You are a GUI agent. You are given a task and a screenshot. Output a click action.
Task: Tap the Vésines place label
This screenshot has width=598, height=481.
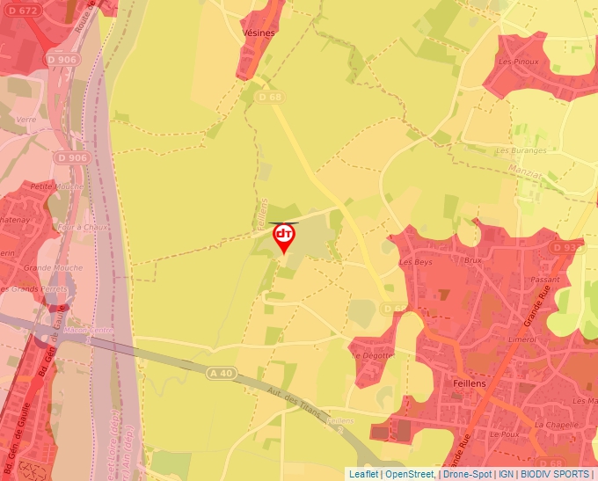coord(258,33)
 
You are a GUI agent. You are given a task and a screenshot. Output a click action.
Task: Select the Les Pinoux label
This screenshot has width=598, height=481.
coord(518,62)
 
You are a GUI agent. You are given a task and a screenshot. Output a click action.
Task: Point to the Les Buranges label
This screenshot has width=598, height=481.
coord(521,150)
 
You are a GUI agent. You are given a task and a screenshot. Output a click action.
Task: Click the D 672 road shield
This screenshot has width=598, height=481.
coord(23,11)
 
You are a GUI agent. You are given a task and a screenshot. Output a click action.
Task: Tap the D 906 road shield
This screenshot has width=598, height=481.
coord(71,157)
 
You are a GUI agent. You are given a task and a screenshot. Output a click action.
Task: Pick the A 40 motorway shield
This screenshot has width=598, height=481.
coord(222,374)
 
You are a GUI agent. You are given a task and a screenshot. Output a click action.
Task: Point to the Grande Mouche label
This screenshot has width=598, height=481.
coord(48,266)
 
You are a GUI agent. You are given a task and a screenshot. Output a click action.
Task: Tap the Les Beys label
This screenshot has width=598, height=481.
coord(417,262)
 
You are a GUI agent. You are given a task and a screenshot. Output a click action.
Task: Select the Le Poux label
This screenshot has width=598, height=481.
coord(506,434)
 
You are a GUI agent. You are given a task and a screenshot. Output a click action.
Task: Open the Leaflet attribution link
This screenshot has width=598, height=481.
coord(363,473)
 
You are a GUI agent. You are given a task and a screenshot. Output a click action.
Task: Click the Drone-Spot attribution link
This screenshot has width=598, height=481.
coord(467,473)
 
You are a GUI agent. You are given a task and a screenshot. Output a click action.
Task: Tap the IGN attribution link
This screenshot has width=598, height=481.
coord(506,473)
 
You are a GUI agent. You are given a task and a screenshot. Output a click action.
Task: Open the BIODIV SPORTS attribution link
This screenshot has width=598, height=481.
coord(555,473)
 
